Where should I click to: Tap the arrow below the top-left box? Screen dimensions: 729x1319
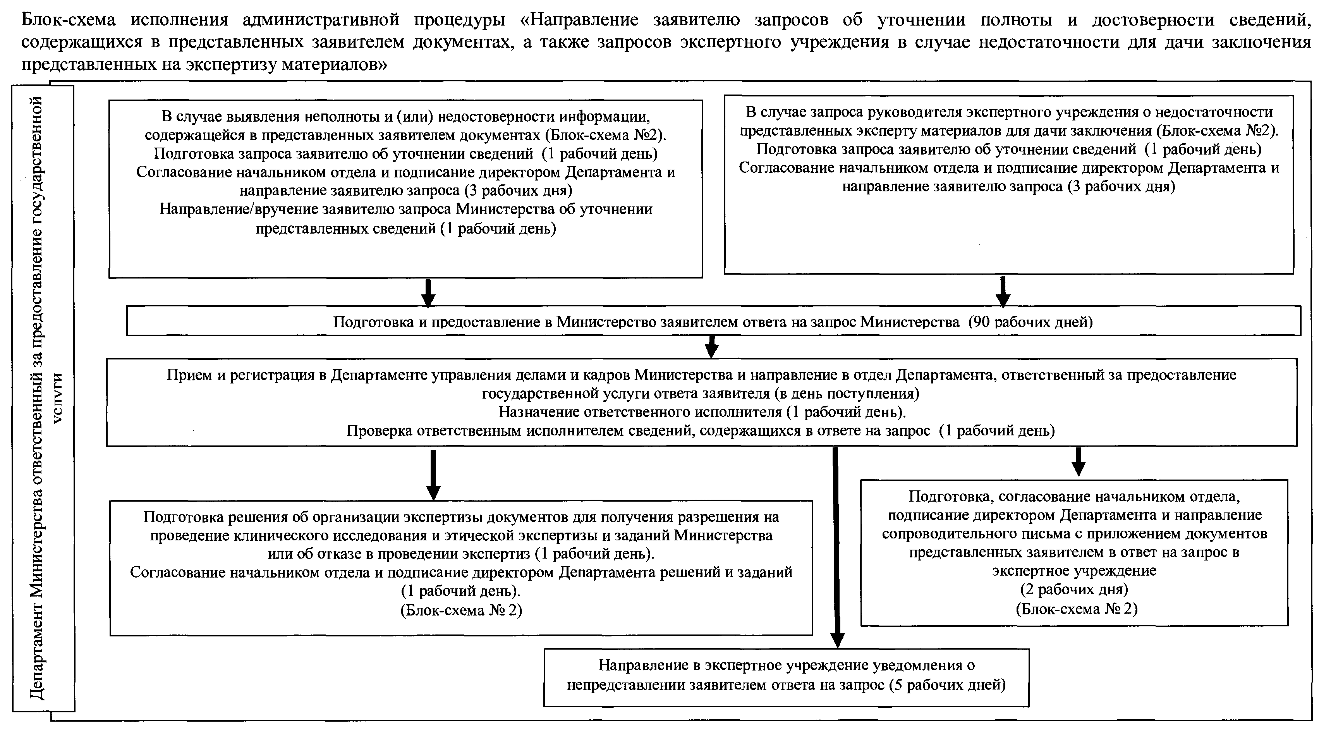click(x=429, y=293)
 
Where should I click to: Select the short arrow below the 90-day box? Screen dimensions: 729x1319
click(x=712, y=347)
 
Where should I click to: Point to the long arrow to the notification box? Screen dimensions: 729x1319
click(x=836, y=548)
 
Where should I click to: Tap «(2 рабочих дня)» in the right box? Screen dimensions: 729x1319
click(x=1074, y=589)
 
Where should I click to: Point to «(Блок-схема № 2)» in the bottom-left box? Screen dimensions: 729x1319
click(x=461, y=610)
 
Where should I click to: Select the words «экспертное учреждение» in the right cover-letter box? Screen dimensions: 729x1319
click(x=1074, y=571)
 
